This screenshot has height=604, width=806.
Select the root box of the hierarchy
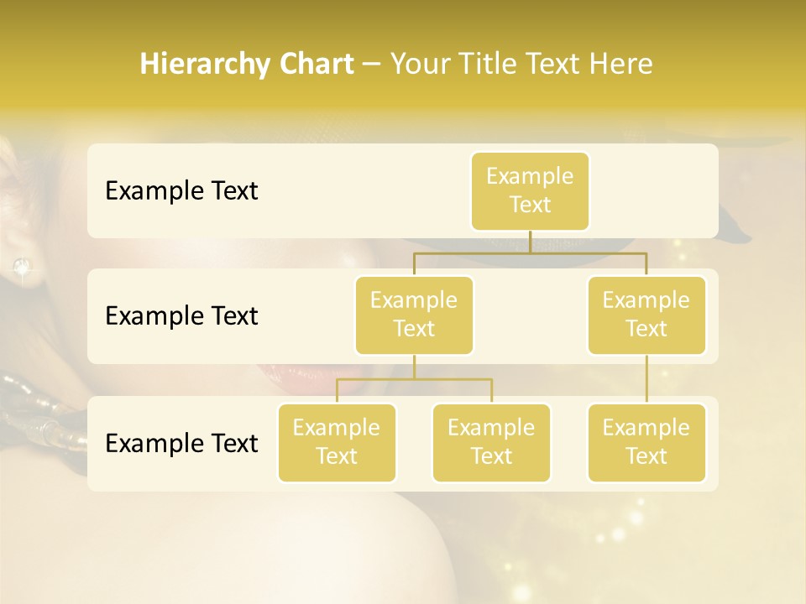point(530,190)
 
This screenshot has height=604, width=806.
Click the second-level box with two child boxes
point(414,315)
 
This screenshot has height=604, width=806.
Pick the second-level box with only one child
point(646,315)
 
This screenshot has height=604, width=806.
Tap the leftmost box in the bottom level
point(337,442)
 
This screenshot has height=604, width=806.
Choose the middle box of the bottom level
point(491,442)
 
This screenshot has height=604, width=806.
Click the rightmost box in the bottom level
point(646,442)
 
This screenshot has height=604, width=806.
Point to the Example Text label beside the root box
point(181,190)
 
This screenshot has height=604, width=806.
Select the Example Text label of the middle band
point(181,315)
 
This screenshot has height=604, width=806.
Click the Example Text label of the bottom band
point(181,443)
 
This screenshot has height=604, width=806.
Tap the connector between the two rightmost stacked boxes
point(646,379)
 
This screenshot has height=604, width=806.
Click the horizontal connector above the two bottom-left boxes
point(414,379)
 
